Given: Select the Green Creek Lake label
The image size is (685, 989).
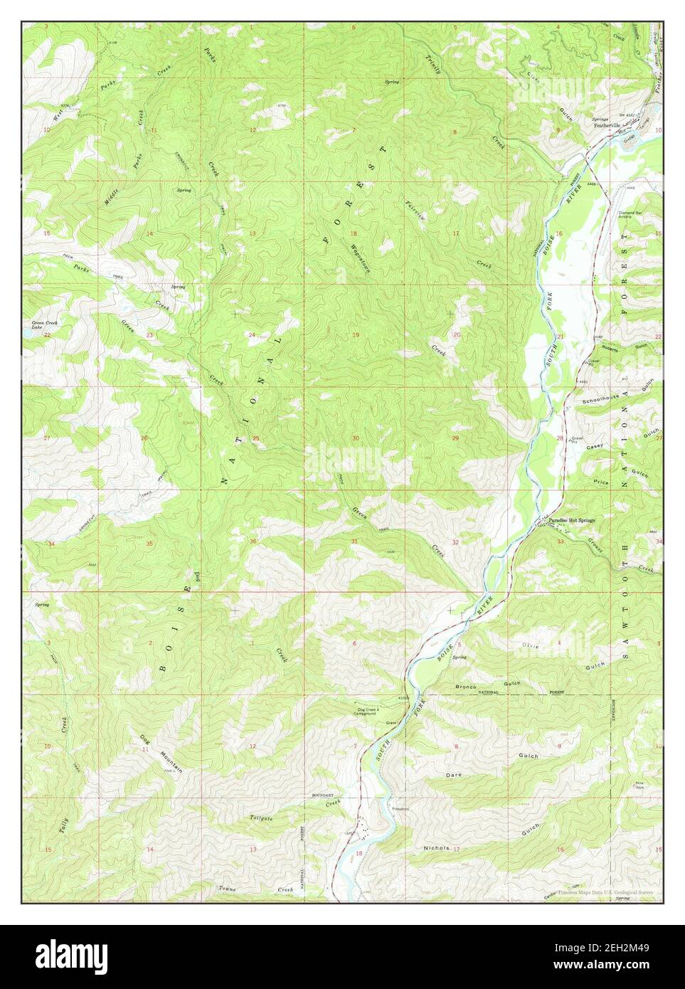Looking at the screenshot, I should (x=43, y=324).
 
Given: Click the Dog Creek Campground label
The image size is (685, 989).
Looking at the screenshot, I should (x=370, y=712).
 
